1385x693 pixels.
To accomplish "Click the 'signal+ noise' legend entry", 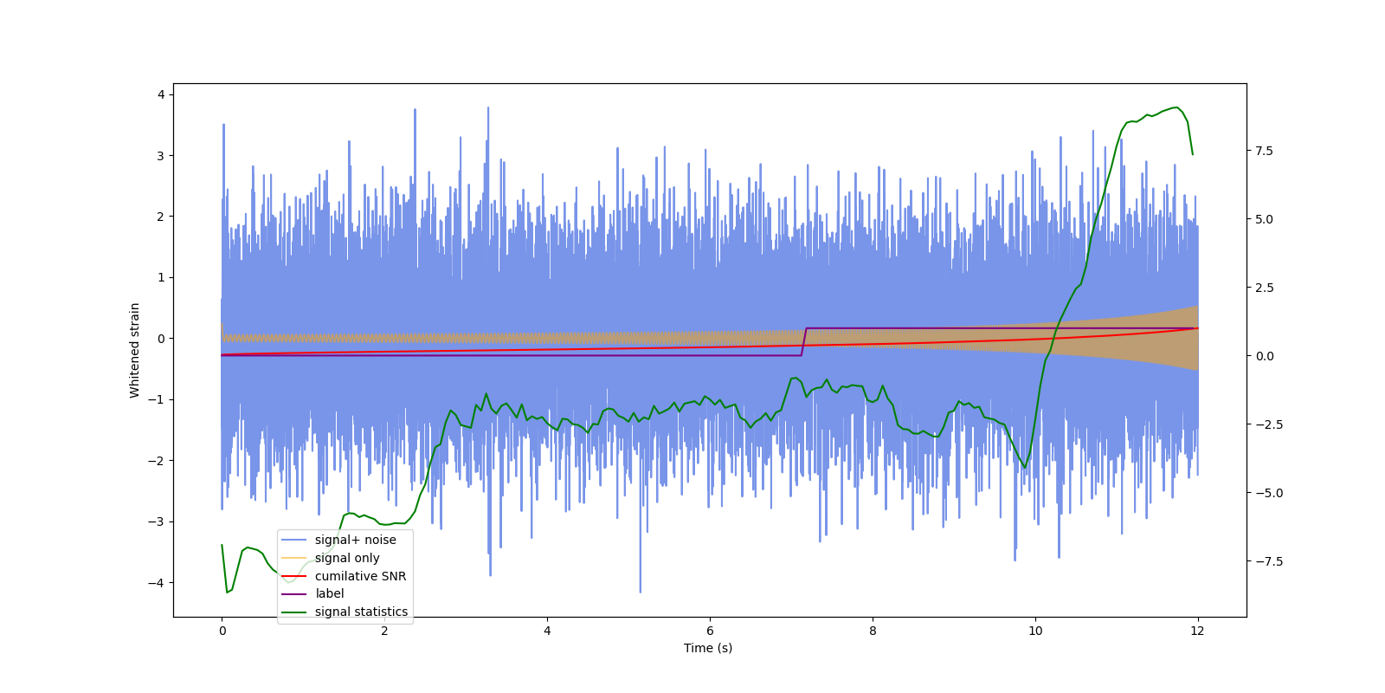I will coord(355,540).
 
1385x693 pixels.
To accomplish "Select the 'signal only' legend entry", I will coord(346,558).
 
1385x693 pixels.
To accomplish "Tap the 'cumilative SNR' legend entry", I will coord(360,576).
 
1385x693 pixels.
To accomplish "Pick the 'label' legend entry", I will coord(329,593).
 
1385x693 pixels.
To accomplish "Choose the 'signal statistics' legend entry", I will coord(361,612).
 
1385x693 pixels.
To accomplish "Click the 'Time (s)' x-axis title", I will coord(708,648).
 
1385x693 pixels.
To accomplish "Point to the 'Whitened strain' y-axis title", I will coord(135,350).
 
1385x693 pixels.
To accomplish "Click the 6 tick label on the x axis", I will coord(710,631).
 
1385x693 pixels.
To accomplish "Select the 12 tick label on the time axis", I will coord(1197,631).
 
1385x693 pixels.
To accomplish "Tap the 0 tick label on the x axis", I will coord(222,631).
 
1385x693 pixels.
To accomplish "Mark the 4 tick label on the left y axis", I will coord(160,94).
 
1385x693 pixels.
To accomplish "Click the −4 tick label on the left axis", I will coord(156,583).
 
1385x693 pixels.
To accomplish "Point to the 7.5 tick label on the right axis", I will coord(1265,151).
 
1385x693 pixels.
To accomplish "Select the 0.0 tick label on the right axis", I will coord(1265,356).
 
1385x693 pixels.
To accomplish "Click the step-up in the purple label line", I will coord(803,342).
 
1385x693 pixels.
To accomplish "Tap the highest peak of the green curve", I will coord(1176,107).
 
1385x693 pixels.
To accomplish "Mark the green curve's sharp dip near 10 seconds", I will coord(1025,468).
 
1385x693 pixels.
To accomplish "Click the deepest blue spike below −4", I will coord(641,592).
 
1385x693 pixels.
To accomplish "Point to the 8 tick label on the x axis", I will coord(873,631).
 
